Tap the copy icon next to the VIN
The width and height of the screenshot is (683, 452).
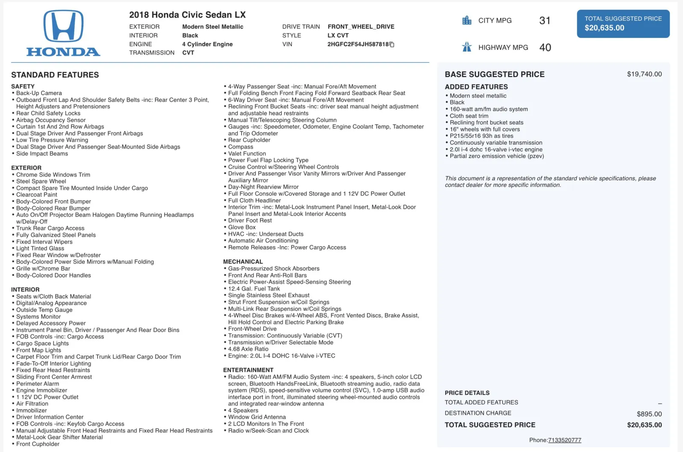pos(392,44)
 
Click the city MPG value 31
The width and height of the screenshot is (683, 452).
pos(545,20)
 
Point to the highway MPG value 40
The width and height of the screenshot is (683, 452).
pos(545,47)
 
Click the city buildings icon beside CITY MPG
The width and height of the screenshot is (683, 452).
pos(467,20)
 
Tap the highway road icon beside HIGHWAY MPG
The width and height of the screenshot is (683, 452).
pos(467,47)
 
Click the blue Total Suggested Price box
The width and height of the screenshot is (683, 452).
pos(623,24)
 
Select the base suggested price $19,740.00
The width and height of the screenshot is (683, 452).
pos(644,74)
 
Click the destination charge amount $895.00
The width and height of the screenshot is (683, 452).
pos(649,414)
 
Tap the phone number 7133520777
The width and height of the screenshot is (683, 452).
pos(564,440)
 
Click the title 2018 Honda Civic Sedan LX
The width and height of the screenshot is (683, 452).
pos(187,15)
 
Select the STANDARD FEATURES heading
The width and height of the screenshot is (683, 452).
pos(55,75)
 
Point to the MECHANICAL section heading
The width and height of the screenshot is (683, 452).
pos(243,262)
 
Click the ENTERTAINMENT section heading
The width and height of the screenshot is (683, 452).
pos(248,370)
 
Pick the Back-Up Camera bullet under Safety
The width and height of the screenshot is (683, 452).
pos(39,93)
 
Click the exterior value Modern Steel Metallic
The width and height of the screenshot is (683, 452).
pos(213,27)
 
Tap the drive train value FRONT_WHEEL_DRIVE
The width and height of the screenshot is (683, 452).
pos(361,27)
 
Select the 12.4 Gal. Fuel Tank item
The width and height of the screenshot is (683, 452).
pos(254,289)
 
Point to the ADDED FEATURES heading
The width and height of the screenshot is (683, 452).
pos(476,87)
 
